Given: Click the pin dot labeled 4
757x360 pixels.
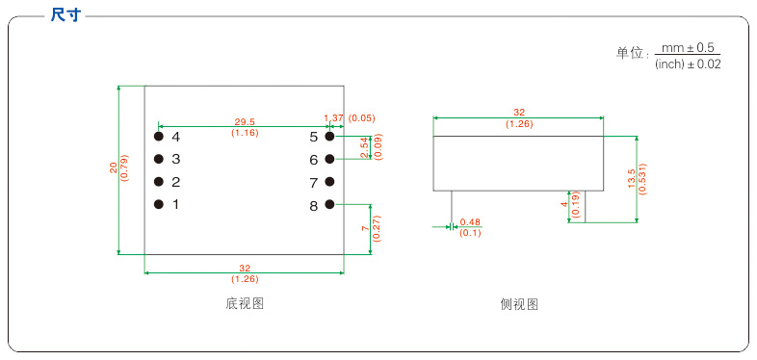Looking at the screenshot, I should pyautogui.click(x=159, y=137).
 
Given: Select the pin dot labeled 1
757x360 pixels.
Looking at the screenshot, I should pyautogui.click(x=159, y=204).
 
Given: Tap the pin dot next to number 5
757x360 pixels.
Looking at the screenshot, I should pyautogui.click(x=329, y=137).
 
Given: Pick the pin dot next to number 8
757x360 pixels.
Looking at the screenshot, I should pyautogui.click(x=329, y=204).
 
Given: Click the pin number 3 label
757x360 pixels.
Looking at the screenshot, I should pyautogui.click(x=176, y=159).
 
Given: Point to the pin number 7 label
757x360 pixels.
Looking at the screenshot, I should pyautogui.click(x=314, y=182).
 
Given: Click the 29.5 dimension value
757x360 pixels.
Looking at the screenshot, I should pyautogui.click(x=245, y=122).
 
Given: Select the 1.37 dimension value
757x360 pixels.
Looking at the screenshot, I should pyautogui.click(x=333, y=117).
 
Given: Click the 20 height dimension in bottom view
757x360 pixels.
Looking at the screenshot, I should pyautogui.click(x=113, y=168).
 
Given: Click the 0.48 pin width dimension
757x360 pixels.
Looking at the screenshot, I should pyautogui.click(x=470, y=222).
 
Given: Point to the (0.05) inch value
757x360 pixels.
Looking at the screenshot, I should pyautogui.click(x=362, y=117).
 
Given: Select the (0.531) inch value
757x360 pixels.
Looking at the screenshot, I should pyautogui.click(x=642, y=179).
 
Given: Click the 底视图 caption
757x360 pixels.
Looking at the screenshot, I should pyautogui.click(x=245, y=303).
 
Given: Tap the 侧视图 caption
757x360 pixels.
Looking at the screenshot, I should pyautogui.click(x=519, y=303).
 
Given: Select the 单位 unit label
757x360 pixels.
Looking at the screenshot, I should pyautogui.click(x=629, y=55).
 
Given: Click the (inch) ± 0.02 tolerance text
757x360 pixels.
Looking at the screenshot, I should pyautogui.click(x=688, y=64).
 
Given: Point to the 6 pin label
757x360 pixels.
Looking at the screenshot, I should pyautogui.click(x=314, y=160).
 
